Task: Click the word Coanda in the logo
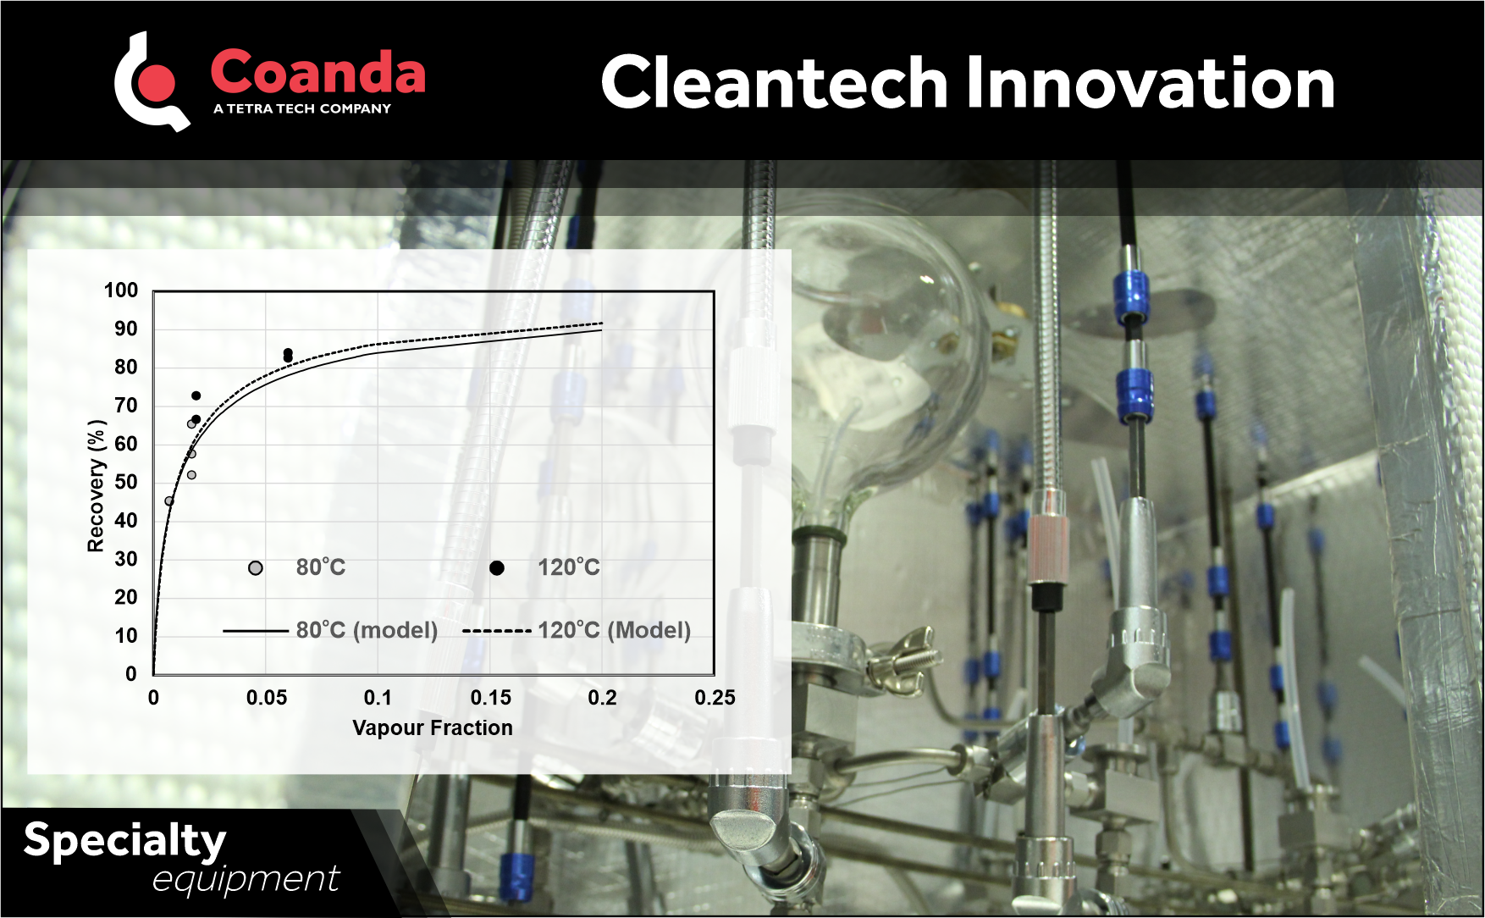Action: tap(317, 73)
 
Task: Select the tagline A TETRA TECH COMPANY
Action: tap(302, 108)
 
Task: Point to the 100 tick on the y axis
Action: tap(121, 290)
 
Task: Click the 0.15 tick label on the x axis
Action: tap(491, 698)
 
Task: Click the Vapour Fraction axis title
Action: tap(432, 727)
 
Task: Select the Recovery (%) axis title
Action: tap(96, 486)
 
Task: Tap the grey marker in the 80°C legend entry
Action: tap(256, 568)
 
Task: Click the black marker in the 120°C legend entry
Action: tap(497, 568)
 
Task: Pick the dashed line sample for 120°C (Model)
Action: tap(497, 631)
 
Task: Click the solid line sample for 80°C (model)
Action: tap(256, 631)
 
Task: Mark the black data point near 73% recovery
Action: tap(196, 395)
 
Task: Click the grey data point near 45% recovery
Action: tap(169, 501)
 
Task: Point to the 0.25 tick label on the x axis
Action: tap(715, 698)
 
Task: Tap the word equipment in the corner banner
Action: tap(246, 879)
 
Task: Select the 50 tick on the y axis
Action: tap(125, 482)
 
